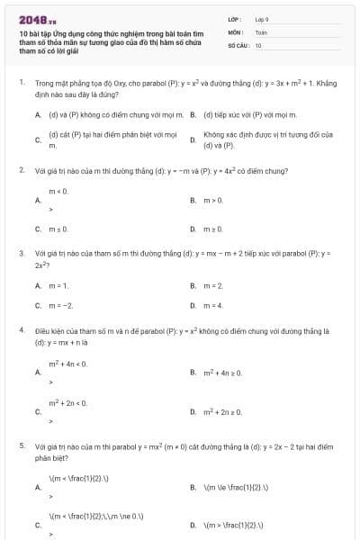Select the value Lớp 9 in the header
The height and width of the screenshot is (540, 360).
262,19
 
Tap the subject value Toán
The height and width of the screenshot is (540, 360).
261,31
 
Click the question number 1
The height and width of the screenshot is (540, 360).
21,83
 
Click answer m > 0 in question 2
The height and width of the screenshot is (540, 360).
212,199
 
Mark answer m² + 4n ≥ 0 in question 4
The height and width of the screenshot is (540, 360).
222,372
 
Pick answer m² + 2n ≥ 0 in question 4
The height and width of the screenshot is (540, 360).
222,411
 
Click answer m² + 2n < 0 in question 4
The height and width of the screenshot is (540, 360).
67,402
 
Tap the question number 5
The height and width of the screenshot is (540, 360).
21,445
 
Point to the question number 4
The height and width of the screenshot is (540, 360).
21,331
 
